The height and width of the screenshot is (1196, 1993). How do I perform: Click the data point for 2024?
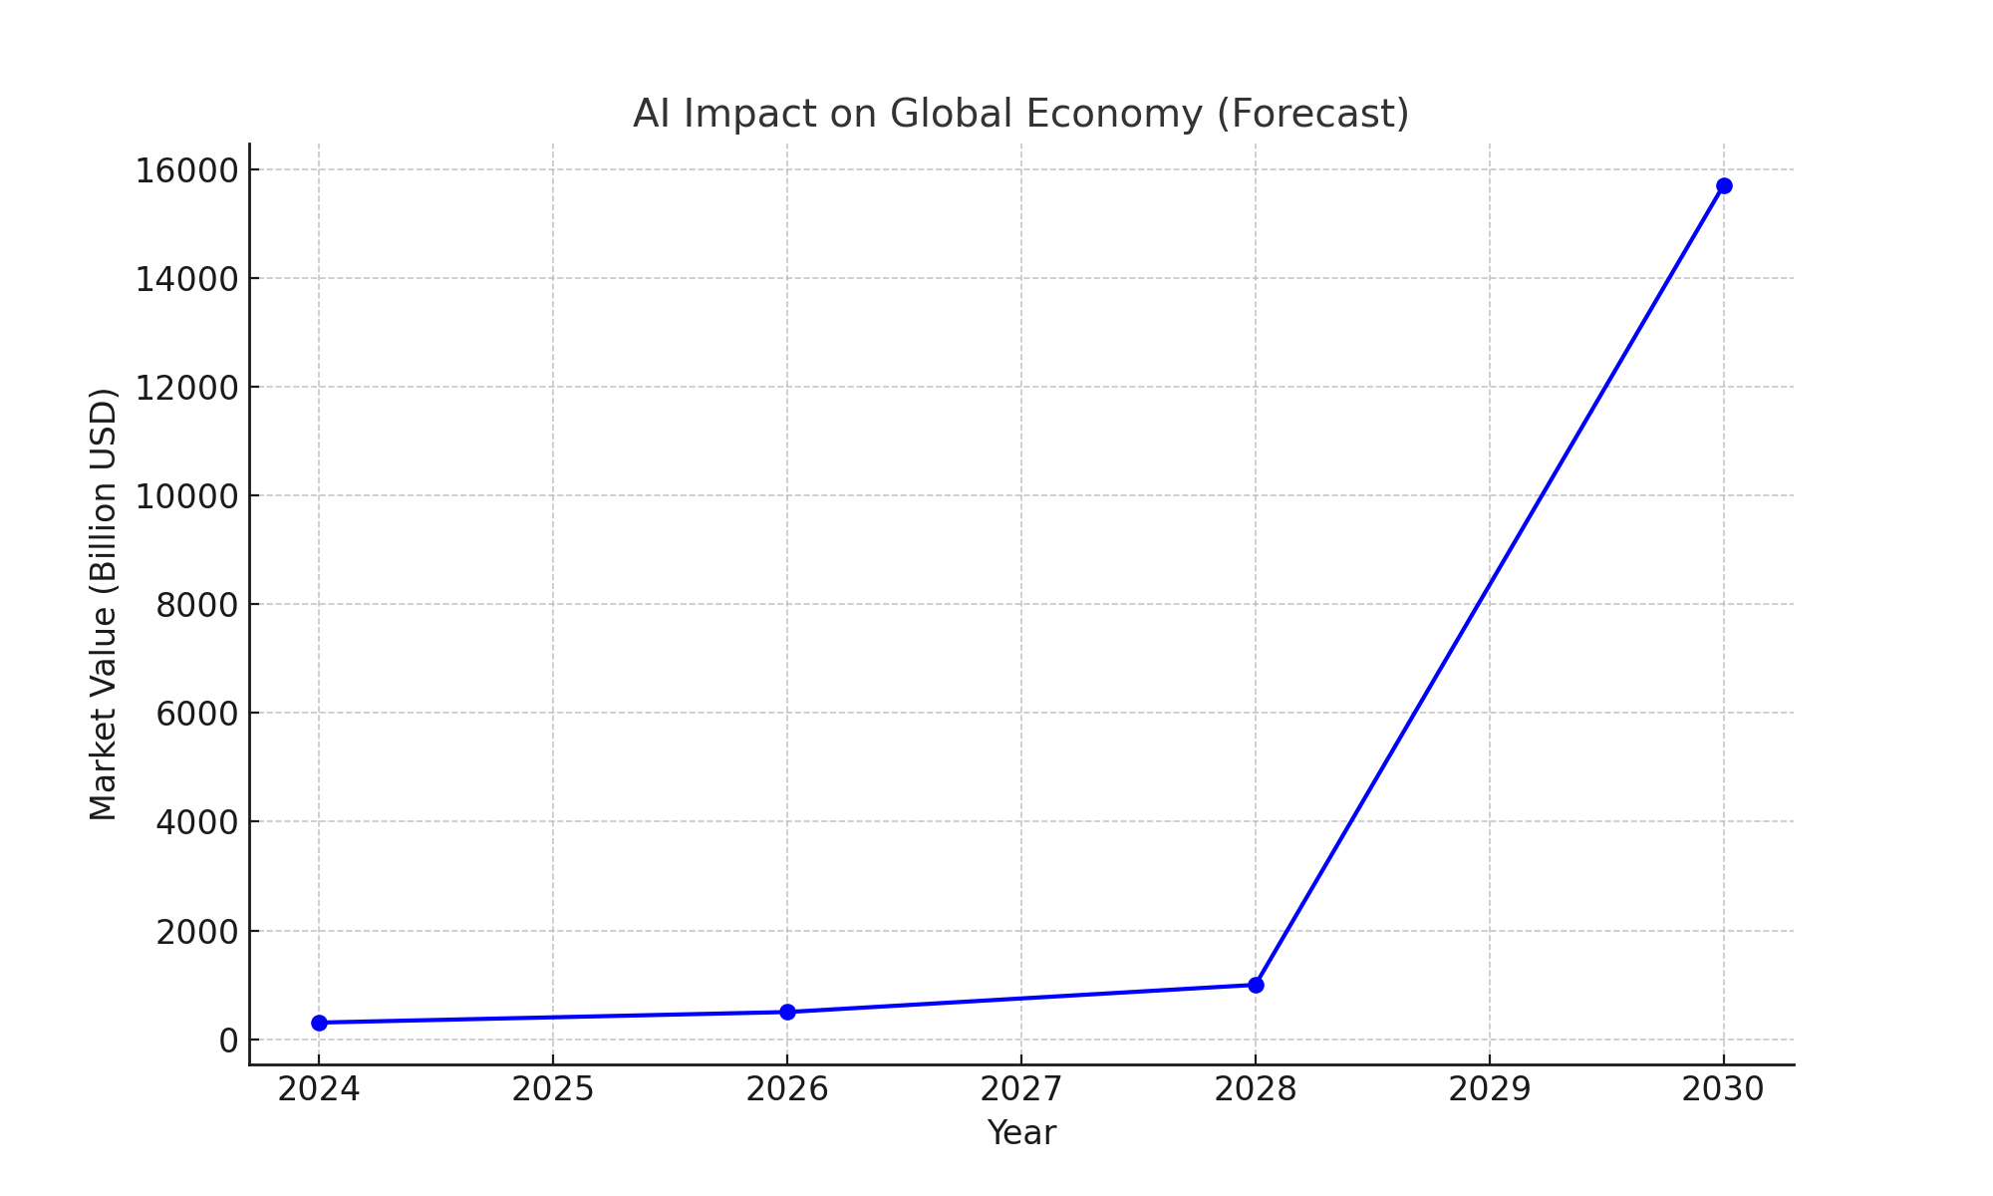(x=319, y=1023)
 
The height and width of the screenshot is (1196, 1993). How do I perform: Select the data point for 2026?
(x=787, y=1012)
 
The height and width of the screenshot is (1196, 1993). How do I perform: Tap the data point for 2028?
(x=1256, y=985)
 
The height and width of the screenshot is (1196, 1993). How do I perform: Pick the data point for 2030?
(x=1724, y=185)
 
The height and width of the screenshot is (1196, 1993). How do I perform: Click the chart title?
(x=1020, y=114)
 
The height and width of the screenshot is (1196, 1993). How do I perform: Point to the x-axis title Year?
(x=1021, y=1133)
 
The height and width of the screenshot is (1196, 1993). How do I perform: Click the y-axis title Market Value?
(x=104, y=604)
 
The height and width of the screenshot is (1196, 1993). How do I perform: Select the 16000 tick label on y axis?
(x=186, y=170)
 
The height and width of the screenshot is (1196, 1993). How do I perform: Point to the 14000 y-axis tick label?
(x=186, y=279)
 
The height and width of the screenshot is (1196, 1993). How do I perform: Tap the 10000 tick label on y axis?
(x=186, y=496)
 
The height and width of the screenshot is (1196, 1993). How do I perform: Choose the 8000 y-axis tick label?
(x=196, y=605)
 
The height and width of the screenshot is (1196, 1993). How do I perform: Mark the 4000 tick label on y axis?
(x=196, y=822)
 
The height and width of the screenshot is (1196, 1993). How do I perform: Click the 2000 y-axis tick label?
(x=196, y=932)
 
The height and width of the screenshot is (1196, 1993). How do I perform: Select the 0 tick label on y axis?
(x=228, y=1041)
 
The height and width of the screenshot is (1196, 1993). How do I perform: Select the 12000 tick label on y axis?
(x=186, y=388)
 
